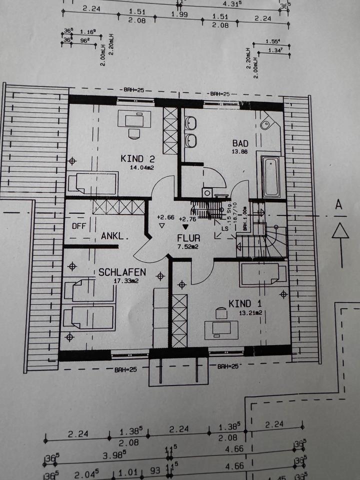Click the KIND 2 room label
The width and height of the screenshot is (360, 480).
[x=137, y=158]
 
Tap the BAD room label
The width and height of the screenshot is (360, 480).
[x=240, y=143]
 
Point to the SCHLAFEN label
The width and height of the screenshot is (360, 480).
[x=122, y=272]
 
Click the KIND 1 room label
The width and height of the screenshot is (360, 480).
[x=245, y=303]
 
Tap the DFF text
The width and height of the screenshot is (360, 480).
[x=78, y=225]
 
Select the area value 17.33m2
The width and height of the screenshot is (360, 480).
[x=125, y=281]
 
